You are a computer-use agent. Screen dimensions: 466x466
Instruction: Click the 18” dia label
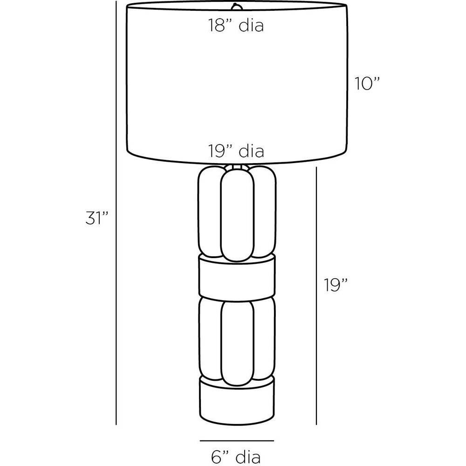pyautogui.click(x=236, y=25)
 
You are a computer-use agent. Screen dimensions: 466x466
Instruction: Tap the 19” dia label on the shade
pyautogui.click(x=236, y=151)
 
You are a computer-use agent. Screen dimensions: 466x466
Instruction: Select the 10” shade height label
pyautogui.click(x=367, y=83)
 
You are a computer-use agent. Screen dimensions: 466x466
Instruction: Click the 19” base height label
pyautogui.click(x=336, y=285)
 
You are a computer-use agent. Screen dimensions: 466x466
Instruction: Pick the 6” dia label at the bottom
pyautogui.click(x=236, y=457)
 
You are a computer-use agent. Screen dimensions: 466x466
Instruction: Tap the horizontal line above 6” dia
pyautogui.click(x=237, y=440)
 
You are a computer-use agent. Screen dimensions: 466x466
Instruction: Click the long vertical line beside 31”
pyautogui.click(x=116, y=212)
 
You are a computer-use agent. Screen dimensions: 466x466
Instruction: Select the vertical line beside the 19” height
pyautogui.click(x=316, y=296)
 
